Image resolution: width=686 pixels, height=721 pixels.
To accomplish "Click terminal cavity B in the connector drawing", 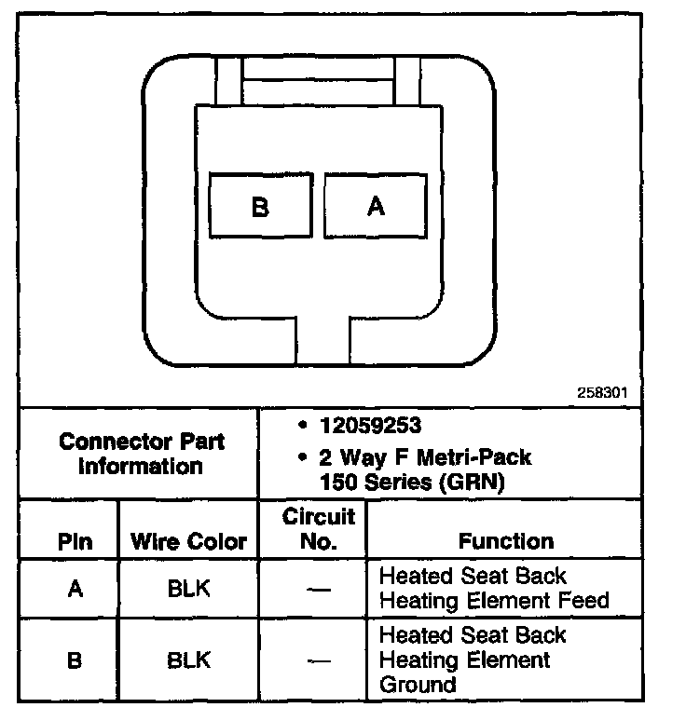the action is (260, 206).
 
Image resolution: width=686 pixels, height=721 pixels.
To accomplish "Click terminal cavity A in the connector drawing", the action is (376, 206).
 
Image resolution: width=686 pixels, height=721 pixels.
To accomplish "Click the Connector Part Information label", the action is (142, 453).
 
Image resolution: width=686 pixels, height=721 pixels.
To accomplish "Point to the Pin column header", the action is (75, 541).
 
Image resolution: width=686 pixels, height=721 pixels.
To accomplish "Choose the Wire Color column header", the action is (188, 541).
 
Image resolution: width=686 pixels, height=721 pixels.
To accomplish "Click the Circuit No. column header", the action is (319, 529).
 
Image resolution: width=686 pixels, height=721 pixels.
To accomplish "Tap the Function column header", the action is (506, 541).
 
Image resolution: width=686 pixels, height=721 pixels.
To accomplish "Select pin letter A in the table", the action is (75, 589).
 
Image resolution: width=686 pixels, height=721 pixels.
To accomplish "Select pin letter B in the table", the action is (75, 660).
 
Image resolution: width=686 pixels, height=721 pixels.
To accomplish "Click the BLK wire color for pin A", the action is (188, 589).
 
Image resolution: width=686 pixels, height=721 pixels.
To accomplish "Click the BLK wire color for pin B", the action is (188, 660).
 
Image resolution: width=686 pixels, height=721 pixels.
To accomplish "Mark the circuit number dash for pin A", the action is (319, 590).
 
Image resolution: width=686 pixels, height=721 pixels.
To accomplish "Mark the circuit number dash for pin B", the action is (319, 661).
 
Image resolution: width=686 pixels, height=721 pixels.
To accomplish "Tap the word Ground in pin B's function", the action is (418, 685).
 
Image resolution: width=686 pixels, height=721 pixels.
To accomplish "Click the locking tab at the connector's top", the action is (318, 82).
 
